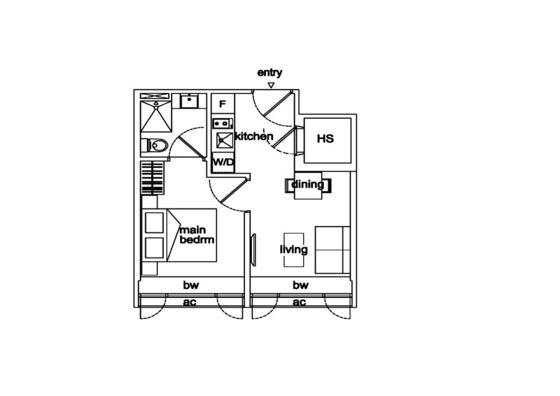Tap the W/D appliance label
click(x=223, y=162)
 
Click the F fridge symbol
click(x=223, y=104)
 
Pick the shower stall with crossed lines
click(x=155, y=115)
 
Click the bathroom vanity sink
click(x=188, y=101)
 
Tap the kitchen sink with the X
click(x=224, y=140)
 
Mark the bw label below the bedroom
click(x=190, y=285)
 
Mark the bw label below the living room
click(x=300, y=285)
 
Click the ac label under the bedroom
click(x=189, y=302)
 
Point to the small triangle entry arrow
click(x=272, y=84)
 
